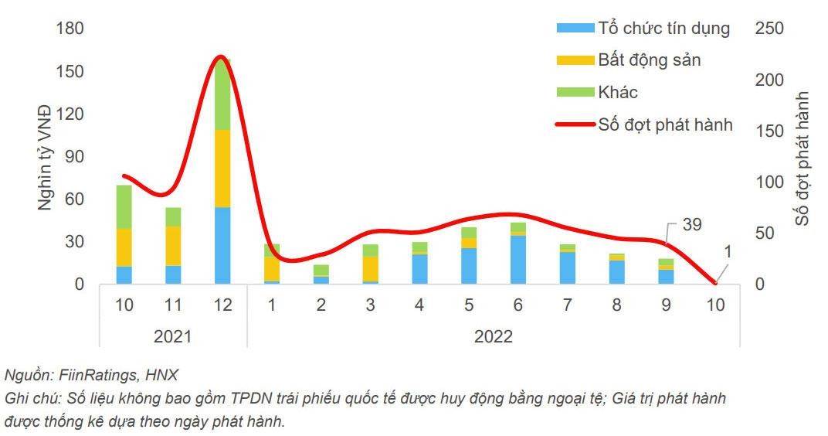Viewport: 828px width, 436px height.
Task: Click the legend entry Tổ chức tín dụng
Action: pyautogui.click(x=663, y=29)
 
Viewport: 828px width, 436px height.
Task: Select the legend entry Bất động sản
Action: pyautogui.click(x=649, y=60)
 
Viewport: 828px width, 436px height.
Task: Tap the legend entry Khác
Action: pyautogui.click(x=617, y=92)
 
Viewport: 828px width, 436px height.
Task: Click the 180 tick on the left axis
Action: pyautogui.click(x=70, y=29)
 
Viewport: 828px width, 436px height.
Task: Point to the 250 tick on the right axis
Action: pyautogui.click(x=769, y=29)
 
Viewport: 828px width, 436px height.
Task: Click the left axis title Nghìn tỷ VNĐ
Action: pyautogui.click(x=45, y=157)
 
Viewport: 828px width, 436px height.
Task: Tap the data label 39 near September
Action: pyautogui.click(x=693, y=224)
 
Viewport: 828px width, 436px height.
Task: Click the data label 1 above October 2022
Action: pyautogui.click(x=728, y=252)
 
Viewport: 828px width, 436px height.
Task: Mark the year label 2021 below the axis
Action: pyautogui.click(x=173, y=336)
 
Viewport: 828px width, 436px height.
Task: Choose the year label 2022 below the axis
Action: pyautogui.click(x=494, y=336)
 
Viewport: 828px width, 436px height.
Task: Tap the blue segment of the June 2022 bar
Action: pyautogui.click(x=517, y=259)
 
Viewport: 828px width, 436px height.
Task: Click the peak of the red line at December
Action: pyautogui.click(x=221, y=57)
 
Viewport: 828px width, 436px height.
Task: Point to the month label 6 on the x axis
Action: pyautogui.click(x=517, y=305)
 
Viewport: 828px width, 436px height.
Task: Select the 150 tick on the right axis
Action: pyautogui.click(x=769, y=131)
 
